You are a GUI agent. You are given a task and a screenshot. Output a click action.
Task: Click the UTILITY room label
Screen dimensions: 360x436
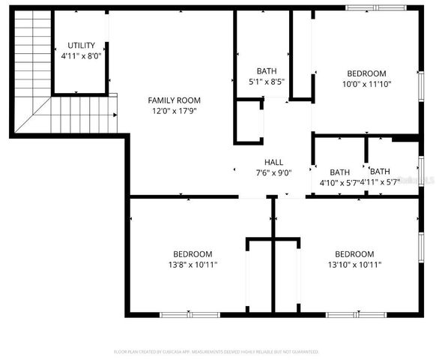point(81,46)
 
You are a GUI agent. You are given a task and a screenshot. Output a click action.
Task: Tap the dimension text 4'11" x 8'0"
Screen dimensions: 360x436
point(81,55)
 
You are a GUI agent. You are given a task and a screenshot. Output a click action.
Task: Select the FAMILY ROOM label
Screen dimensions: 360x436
point(174,100)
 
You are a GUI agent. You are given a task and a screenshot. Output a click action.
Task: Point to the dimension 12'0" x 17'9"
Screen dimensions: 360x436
point(174,111)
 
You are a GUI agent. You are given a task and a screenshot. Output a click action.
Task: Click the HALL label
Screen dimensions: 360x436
point(273,162)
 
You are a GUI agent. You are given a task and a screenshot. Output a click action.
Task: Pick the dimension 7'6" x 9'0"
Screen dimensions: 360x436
point(273,172)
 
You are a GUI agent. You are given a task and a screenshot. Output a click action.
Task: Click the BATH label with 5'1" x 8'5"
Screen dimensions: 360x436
point(267,71)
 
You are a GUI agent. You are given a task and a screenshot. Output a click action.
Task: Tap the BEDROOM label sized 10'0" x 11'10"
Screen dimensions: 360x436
point(366,73)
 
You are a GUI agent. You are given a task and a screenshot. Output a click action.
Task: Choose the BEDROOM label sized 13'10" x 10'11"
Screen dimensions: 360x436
point(354,253)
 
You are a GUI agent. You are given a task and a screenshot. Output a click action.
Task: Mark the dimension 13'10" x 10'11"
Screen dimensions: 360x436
point(354,264)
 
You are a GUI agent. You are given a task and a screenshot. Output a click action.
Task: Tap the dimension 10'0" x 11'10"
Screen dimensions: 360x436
point(366,84)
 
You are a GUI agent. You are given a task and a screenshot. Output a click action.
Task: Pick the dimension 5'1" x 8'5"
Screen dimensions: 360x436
point(267,82)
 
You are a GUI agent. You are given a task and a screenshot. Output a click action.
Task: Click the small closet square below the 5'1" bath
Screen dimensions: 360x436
point(249,122)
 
